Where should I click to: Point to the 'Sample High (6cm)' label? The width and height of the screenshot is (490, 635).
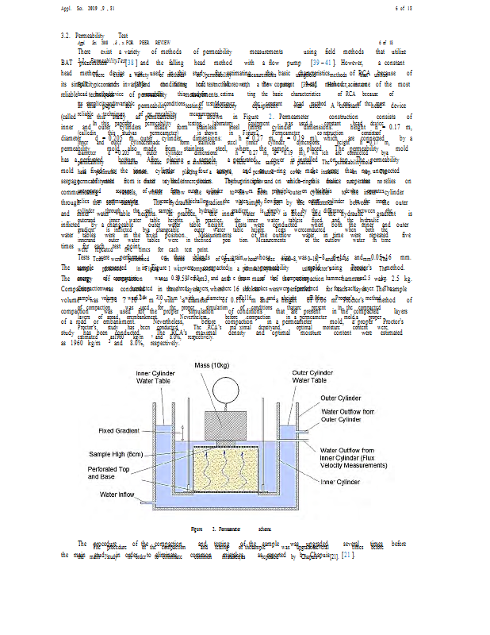pos(116,454)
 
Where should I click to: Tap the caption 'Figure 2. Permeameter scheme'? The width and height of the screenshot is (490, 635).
pos(231,527)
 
